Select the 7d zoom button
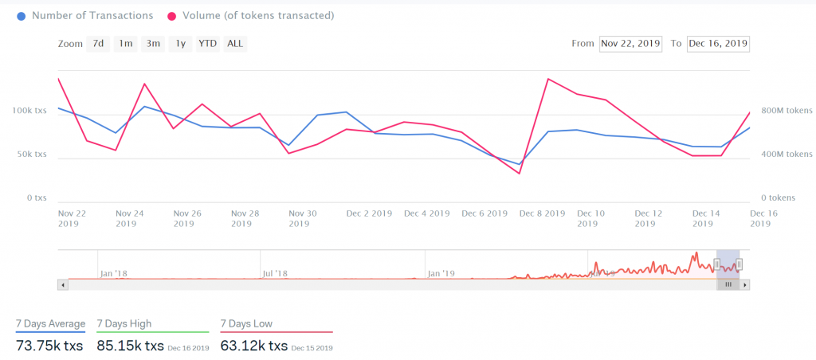[x=98, y=44]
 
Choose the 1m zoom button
[x=126, y=44]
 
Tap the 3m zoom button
[x=153, y=44]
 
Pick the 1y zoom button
[x=181, y=44]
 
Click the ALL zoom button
[x=235, y=44]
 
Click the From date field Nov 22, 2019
[x=630, y=44]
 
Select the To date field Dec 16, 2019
[x=718, y=44]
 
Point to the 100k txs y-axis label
[x=29, y=111]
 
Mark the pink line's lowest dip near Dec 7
[x=520, y=174]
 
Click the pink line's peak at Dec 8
[x=548, y=79]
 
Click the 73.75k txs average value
[x=50, y=346]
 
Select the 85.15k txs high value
[x=130, y=346]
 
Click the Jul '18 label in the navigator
[x=274, y=273]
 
